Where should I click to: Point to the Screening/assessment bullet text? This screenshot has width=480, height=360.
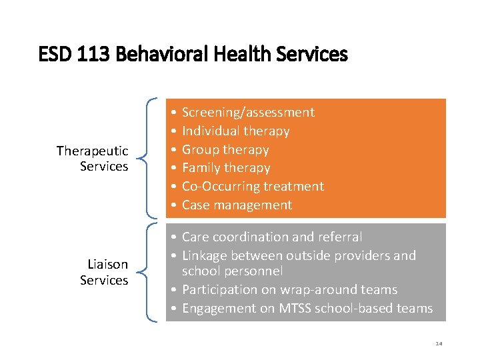pos(248,113)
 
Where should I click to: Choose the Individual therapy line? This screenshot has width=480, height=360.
pos(235,131)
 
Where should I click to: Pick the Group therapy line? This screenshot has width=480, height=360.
pos(225,150)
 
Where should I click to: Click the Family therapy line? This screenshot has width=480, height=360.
pos(226,168)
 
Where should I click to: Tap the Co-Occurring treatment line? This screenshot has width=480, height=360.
pos(253,187)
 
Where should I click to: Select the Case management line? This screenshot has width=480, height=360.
pos(237,205)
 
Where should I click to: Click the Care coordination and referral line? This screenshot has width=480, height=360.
pos(272,237)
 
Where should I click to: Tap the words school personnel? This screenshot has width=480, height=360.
pos(232,271)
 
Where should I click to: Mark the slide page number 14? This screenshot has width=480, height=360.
pos(439,343)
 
